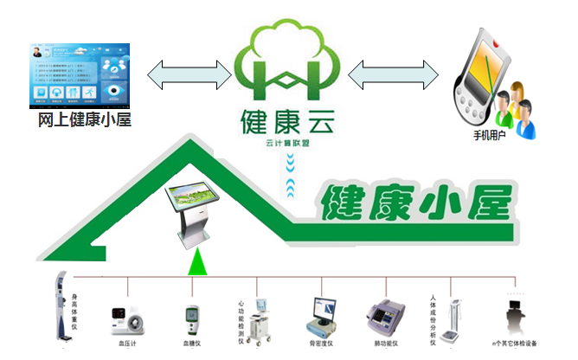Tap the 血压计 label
point(127,344)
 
